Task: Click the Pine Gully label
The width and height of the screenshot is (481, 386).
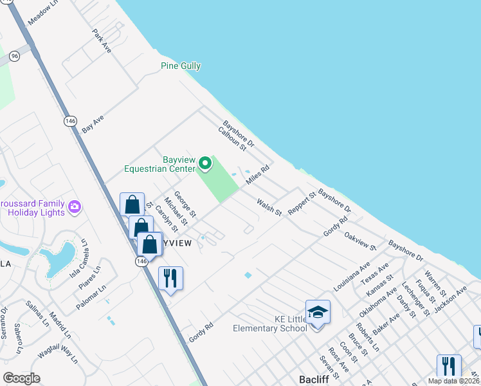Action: pyautogui.click(x=180, y=66)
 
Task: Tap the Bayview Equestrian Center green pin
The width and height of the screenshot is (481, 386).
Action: pyautogui.click(x=205, y=163)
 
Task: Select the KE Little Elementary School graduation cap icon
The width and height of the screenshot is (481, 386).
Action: pyautogui.click(x=318, y=313)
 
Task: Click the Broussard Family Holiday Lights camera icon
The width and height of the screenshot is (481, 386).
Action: pyautogui.click(x=75, y=207)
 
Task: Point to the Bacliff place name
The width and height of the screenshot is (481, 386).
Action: pyautogui.click(x=314, y=379)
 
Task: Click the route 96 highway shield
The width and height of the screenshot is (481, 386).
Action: pyautogui.click(x=15, y=56)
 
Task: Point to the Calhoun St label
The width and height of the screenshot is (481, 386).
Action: pyautogui.click(x=232, y=138)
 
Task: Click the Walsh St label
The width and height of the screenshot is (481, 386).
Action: pyautogui.click(x=269, y=207)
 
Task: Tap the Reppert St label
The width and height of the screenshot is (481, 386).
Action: pyautogui.click(x=302, y=203)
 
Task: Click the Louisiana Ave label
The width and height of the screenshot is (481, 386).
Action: pyautogui.click(x=352, y=275)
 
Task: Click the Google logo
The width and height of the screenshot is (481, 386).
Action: pyautogui.click(x=21, y=378)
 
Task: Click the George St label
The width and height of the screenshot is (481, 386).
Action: pyautogui.click(x=185, y=202)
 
